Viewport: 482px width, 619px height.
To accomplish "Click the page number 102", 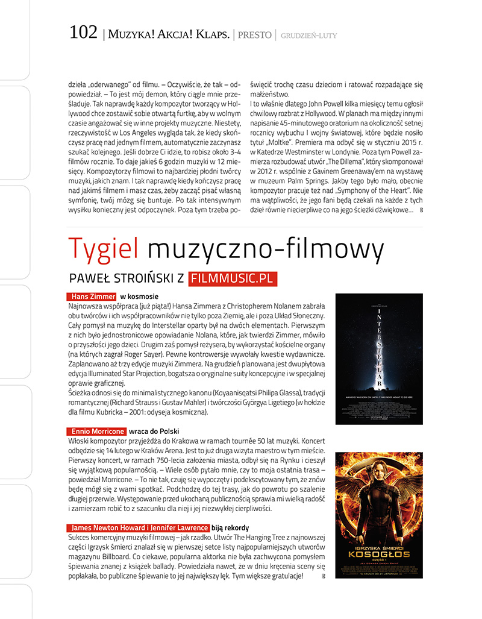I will [84, 33].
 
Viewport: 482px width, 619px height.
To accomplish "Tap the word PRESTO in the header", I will [255, 35].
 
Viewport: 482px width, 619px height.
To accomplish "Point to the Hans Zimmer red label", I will [91, 297].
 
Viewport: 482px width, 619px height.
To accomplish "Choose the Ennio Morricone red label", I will [96, 432].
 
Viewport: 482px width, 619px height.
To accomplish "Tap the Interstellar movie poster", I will [379, 358].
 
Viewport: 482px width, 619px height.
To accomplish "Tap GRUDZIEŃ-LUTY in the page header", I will [308, 36].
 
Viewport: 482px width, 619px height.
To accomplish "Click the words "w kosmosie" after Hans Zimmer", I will [139, 297].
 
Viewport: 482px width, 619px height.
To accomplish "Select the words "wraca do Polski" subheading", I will [154, 432].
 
